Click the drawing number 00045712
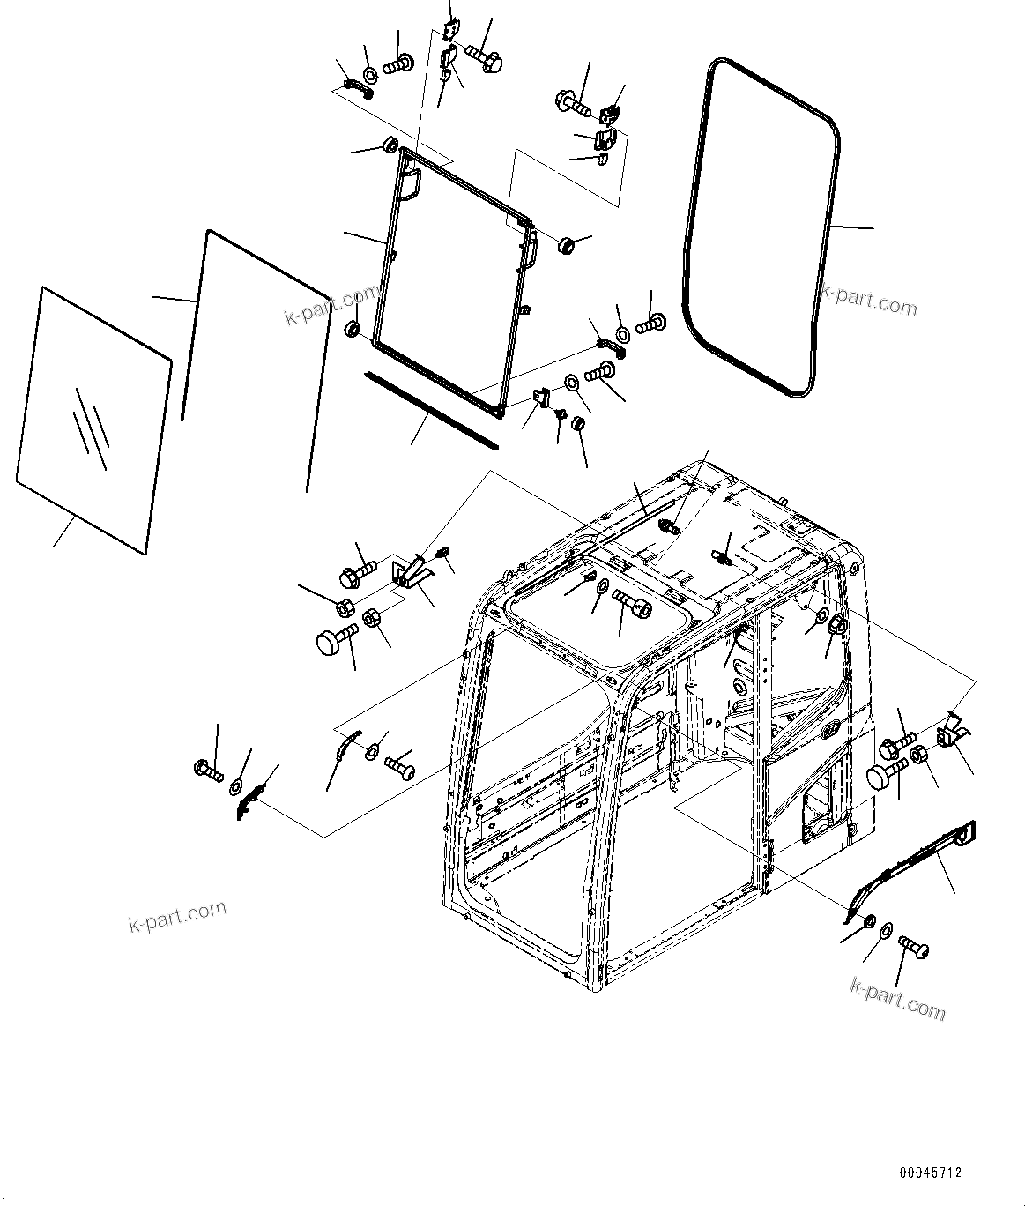(x=931, y=1173)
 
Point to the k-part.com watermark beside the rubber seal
(x=868, y=302)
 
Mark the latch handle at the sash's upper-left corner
(x=410, y=185)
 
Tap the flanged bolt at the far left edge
(x=206, y=768)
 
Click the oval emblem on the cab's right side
(x=828, y=730)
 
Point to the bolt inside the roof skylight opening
(x=635, y=607)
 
